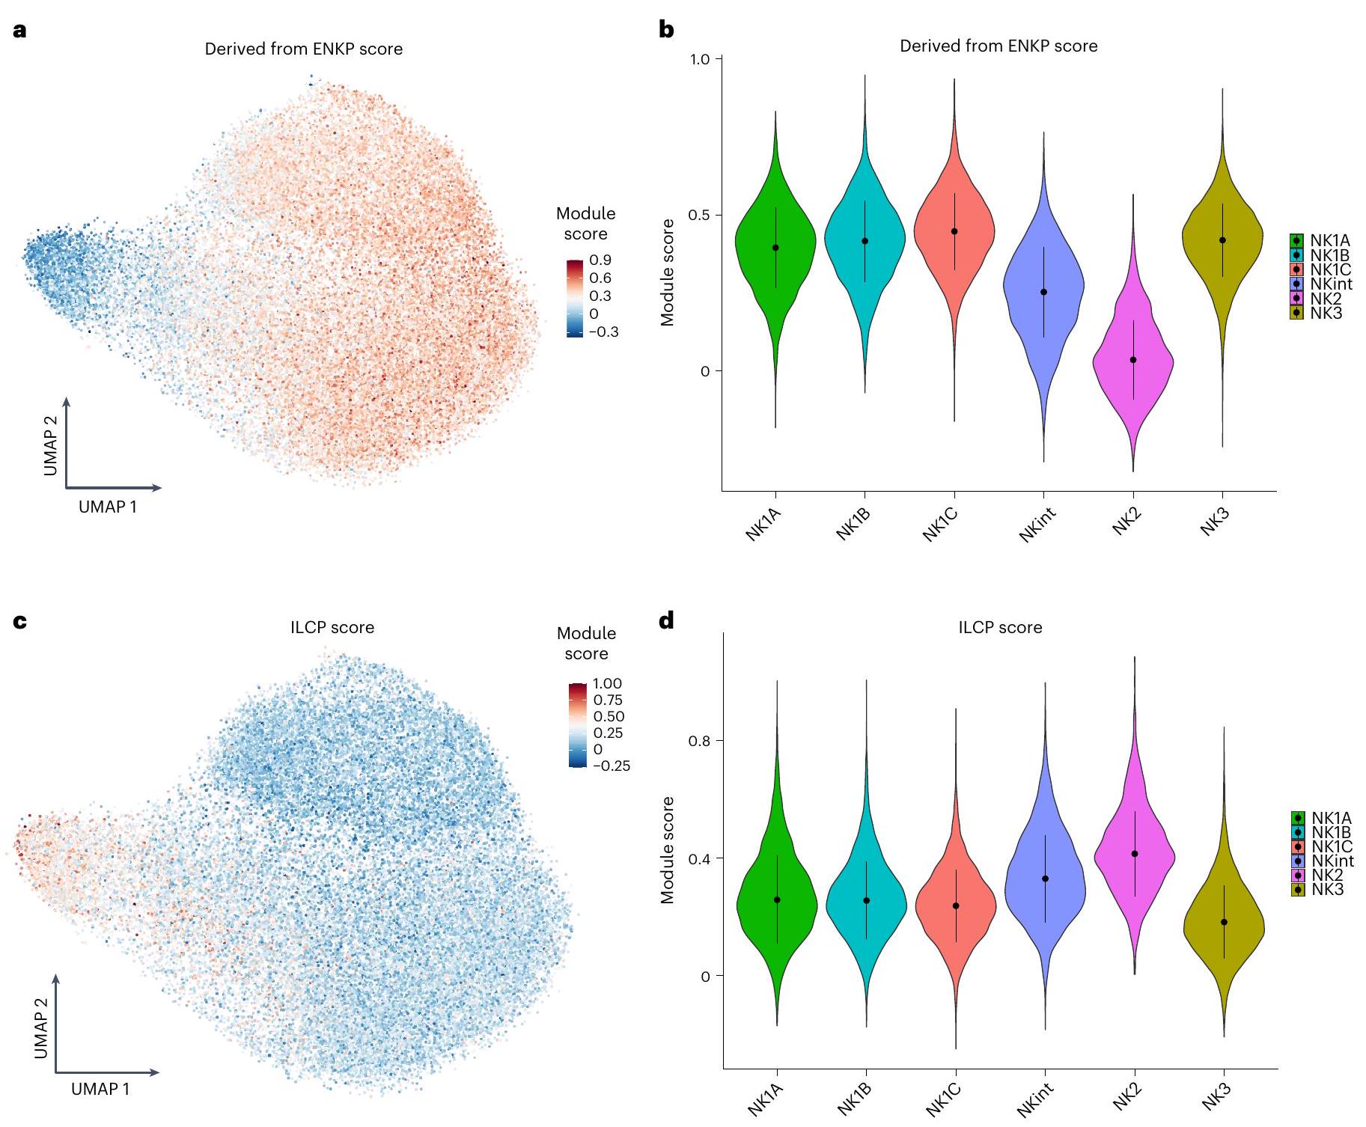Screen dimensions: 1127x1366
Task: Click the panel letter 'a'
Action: pos(20,31)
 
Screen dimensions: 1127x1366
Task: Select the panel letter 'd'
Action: pos(666,620)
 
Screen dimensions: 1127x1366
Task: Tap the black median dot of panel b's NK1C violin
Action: pos(954,231)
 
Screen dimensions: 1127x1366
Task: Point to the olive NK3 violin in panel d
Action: pos(1224,943)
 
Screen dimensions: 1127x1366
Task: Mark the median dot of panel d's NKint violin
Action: pos(1045,879)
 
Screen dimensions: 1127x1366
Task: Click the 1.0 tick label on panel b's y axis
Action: pos(699,59)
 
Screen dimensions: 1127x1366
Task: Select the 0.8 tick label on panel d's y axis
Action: pos(700,741)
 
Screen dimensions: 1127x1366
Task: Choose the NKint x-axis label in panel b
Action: pos(1038,524)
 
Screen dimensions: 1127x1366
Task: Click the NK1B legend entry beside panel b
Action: pos(1329,255)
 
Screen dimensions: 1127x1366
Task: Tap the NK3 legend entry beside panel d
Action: pos(1327,889)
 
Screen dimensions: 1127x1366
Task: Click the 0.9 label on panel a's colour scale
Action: pos(600,260)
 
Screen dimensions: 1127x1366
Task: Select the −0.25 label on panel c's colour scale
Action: pos(612,766)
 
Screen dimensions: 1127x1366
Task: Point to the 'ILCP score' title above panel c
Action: pos(332,627)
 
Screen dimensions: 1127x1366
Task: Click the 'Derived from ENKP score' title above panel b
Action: pos(998,46)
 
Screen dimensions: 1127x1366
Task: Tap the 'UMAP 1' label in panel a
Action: pos(108,507)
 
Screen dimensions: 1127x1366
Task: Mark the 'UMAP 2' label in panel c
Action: pos(41,1028)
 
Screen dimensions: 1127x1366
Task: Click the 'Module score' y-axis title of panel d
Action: pos(668,850)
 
